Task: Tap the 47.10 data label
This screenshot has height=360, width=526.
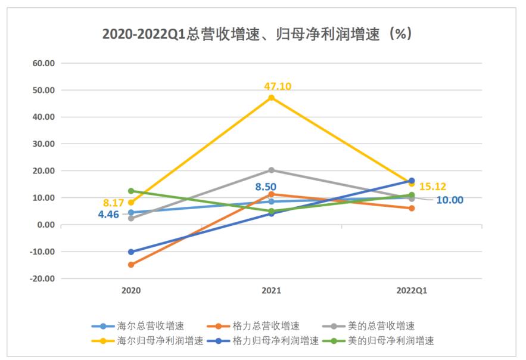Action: pos(278,86)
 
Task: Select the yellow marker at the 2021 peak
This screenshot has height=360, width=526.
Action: pos(271,98)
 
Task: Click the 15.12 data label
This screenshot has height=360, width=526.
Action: pos(432,187)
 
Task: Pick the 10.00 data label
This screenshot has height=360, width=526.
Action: pos(450,200)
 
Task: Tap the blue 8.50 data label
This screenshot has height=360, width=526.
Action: pos(266,187)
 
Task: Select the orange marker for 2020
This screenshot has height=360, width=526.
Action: pos(131,265)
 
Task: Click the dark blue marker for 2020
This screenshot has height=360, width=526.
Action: pos(131,252)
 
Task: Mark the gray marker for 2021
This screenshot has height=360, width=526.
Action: pos(271,170)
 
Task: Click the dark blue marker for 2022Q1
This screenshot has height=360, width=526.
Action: pos(412,181)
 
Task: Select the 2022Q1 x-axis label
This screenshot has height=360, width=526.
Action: pos(412,291)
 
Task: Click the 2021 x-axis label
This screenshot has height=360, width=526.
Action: pos(271,291)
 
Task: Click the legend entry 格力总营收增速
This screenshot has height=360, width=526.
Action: pos(254,326)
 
